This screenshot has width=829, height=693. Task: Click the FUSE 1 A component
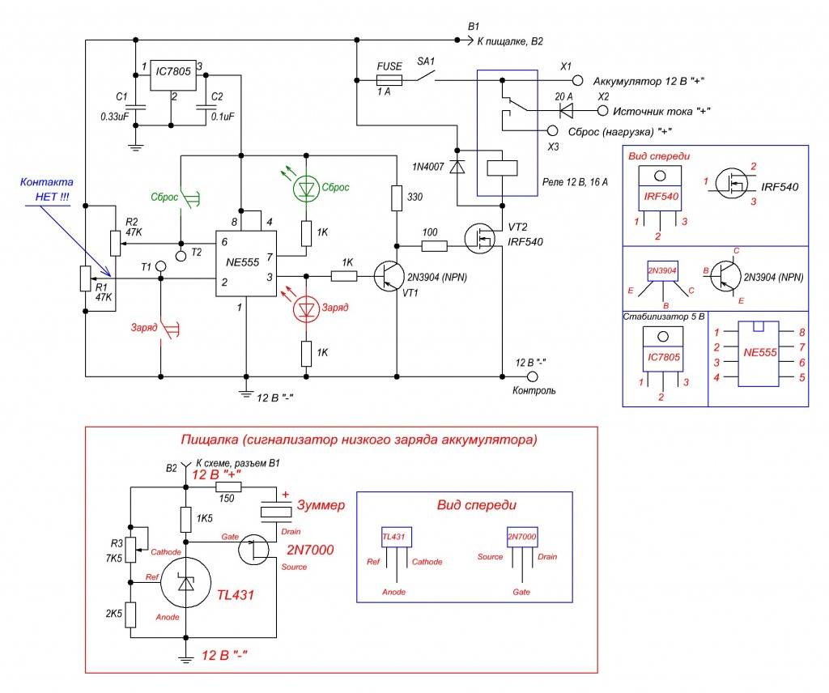click(389, 79)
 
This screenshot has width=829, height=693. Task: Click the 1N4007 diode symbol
click(457, 167)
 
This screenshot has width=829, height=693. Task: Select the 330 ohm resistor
click(397, 198)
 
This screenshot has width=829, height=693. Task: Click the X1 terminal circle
click(578, 81)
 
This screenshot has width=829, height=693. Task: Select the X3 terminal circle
click(553, 130)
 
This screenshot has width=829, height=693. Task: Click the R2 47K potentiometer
click(114, 241)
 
